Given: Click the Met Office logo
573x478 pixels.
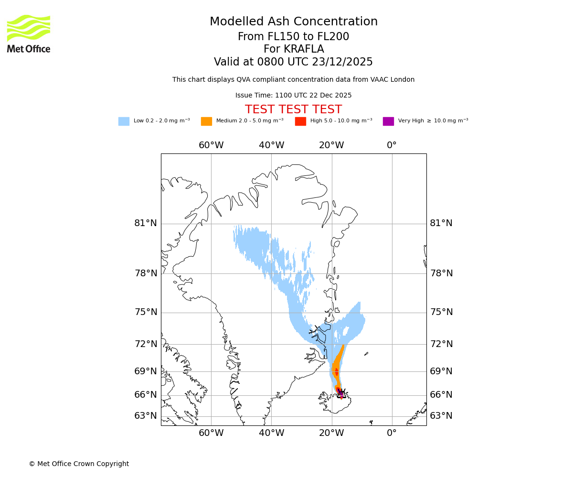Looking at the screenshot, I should point(29,33).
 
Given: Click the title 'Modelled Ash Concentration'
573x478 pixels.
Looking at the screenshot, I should point(294,22).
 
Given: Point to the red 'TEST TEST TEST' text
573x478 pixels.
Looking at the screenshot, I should point(293,110).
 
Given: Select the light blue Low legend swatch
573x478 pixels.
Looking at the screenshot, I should point(124,121).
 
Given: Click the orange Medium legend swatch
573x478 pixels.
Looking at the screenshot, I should point(206,121).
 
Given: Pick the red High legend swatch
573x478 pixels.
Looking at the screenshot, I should point(300,121).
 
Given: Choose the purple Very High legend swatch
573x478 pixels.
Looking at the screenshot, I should point(388,121).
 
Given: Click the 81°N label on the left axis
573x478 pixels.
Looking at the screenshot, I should point(146,223).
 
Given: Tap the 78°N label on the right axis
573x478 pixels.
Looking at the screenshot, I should point(441,273).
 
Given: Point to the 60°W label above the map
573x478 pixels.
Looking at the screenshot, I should point(211,145).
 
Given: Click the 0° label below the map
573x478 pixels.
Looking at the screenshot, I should point(392,433).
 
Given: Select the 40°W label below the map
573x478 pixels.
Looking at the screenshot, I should point(271,433).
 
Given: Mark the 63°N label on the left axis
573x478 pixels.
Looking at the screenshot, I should point(146,416).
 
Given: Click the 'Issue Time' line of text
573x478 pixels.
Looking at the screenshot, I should point(293,96).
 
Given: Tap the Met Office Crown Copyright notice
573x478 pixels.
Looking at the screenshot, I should point(79,464).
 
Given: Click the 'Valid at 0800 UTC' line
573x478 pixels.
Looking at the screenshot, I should point(293,62).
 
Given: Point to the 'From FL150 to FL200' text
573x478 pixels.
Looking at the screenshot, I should point(293,37).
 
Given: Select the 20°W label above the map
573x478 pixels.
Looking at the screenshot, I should point(331,145).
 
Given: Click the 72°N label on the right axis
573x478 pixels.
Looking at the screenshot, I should point(441,344).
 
